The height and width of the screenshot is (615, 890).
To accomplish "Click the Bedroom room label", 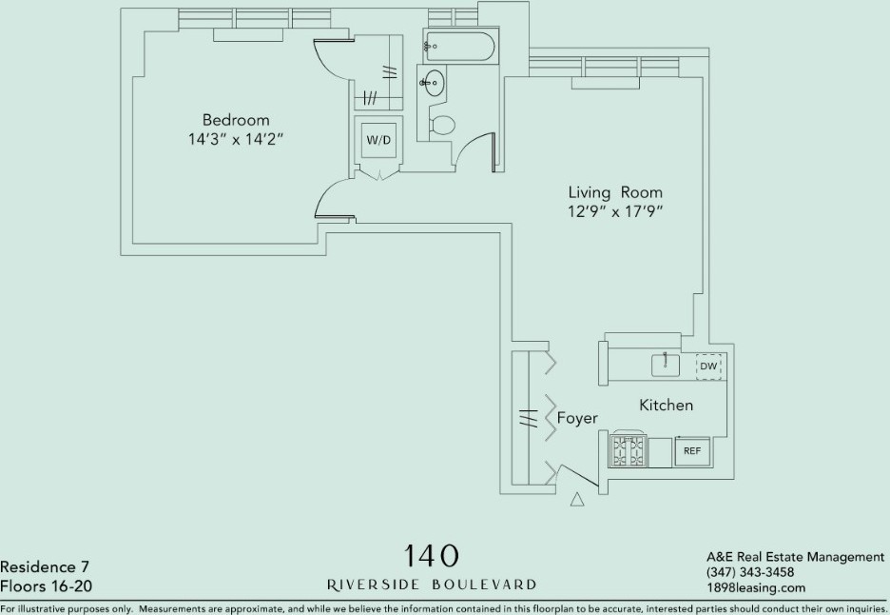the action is point(236,120).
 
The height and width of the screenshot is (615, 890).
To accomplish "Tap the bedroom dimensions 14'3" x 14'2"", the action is point(236,139).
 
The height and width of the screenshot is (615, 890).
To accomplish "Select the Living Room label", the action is point(615,192).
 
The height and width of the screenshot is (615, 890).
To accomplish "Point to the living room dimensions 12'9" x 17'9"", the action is point(616,211).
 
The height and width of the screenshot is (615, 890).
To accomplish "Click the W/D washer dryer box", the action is point(378,140).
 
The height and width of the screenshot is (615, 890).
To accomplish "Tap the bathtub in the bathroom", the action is point(459,46).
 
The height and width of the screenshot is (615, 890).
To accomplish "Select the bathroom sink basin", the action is point(433,84).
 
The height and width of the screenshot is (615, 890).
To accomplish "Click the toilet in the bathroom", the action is point(441,125).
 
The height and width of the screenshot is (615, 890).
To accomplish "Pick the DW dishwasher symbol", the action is point(708,367).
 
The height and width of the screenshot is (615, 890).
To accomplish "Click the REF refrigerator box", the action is point(692,451).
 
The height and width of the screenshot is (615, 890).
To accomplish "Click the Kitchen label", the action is point(667,406).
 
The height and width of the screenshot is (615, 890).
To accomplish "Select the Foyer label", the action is point(577,418).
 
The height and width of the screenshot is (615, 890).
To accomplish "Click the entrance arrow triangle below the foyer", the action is point(577,499).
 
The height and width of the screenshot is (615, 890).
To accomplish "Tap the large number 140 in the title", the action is point(430,556).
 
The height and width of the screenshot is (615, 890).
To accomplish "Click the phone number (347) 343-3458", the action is point(750,572).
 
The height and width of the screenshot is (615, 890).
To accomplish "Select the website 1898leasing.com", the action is point(756,587).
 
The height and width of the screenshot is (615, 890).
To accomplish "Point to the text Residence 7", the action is point(45,567).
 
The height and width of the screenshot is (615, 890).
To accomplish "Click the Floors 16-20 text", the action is point(46,586).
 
